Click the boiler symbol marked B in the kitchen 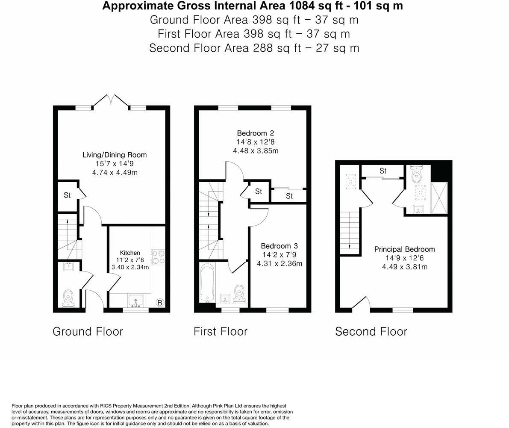(x=160, y=303)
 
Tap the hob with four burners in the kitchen (x=158, y=257)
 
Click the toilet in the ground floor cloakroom (x=68, y=298)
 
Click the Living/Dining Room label (x=115, y=155)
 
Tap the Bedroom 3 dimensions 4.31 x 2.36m (x=279, y=263)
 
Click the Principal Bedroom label (x=404, y=249)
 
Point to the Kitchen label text (x=130, y=253)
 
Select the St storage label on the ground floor (x=67, y=195)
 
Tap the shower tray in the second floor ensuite (x=439, y=197)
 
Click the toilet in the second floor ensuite (x=415, y=174)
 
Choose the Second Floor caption (x=371, y=331)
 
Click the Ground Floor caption (x=88, y=331)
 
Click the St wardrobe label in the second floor (x=382, y=171)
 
